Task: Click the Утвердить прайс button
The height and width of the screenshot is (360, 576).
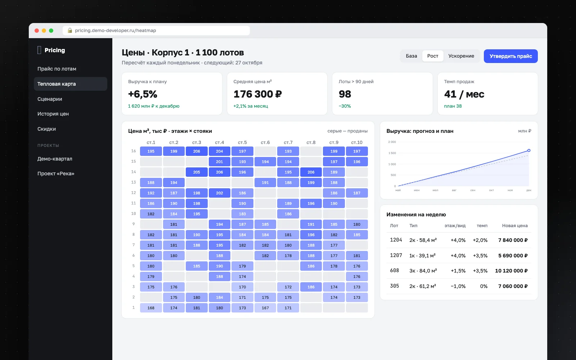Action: click(510, 56)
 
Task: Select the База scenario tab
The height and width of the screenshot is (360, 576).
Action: click(411, 56)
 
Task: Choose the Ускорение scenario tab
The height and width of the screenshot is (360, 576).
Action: click(461, 56)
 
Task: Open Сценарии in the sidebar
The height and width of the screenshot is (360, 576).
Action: click(50, 99)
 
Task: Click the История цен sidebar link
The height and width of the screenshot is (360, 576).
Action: click(53, 114)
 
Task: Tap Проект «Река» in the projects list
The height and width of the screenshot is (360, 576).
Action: click(56, 174)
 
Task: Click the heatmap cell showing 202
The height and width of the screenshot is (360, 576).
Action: click(219, 193)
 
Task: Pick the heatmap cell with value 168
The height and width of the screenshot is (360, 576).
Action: click(151, 308)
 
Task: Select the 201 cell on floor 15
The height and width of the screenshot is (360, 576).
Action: click(219, 162)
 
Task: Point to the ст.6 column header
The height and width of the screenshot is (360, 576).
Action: click(265, 143)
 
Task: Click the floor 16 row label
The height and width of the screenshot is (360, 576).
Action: click(134, 151)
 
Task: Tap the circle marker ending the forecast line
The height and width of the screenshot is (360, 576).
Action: click(529, 150)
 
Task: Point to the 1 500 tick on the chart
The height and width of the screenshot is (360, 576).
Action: click(392, 153)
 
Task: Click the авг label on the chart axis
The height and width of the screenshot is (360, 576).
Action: click(454, 190)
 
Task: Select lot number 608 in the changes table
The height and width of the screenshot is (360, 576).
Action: click(395, 270)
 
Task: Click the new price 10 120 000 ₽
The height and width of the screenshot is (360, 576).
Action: click(511, 271)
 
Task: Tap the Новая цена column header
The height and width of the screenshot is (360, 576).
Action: click(515, 225)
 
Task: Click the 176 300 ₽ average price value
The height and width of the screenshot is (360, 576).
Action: click(258, 94)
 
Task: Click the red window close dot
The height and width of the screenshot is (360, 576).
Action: click(37, 31)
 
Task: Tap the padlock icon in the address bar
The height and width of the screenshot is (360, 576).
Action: click(70, 30)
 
